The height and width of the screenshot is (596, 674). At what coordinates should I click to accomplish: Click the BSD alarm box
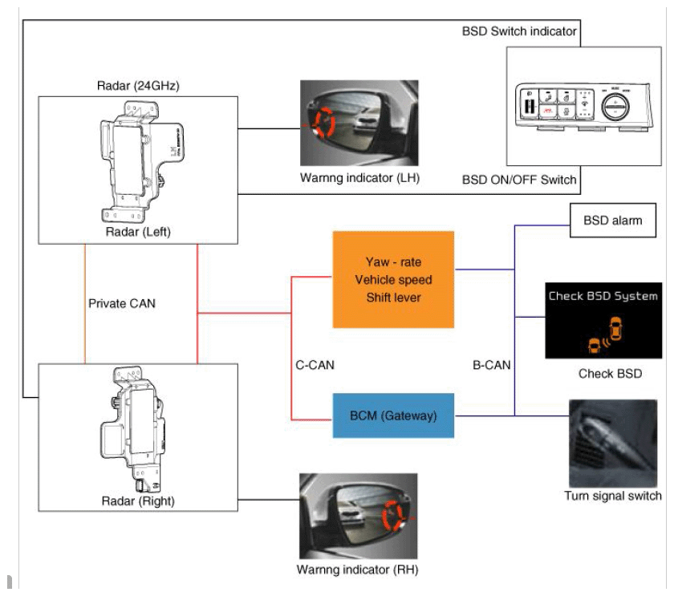click(614, 220)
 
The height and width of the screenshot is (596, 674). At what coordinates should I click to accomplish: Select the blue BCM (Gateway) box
click(392, 415)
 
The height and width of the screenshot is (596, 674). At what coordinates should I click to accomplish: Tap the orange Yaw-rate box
click(392, 279)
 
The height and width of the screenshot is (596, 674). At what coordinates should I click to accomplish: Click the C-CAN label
click(315, 365)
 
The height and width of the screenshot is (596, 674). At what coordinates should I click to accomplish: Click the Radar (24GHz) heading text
click(130, 87)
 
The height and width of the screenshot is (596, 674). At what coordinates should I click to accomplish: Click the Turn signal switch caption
click(613, 496)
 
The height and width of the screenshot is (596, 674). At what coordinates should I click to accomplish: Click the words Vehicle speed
click(392, 279)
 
